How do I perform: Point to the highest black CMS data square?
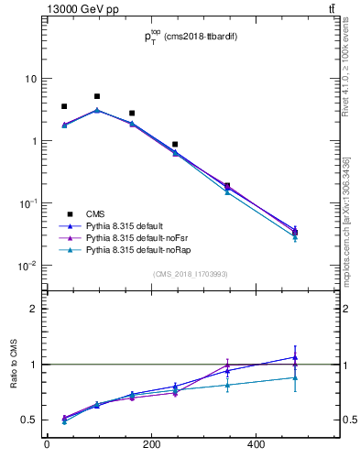(97, 96)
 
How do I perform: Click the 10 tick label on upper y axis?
(31, 79)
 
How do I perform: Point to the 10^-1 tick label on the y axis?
(28, 203)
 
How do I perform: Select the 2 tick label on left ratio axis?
(34, 309)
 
